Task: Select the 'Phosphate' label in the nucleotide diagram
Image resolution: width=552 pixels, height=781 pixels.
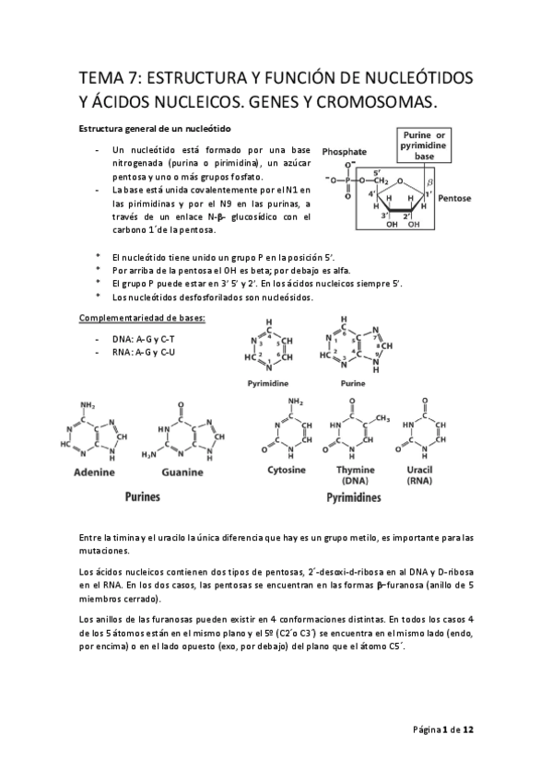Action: pos(346,151)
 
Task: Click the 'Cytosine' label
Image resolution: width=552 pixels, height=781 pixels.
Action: pos(286,470)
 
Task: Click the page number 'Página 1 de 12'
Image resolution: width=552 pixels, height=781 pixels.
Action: pos(442,729)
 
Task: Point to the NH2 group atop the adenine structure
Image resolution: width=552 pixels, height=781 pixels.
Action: pos(88,405)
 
